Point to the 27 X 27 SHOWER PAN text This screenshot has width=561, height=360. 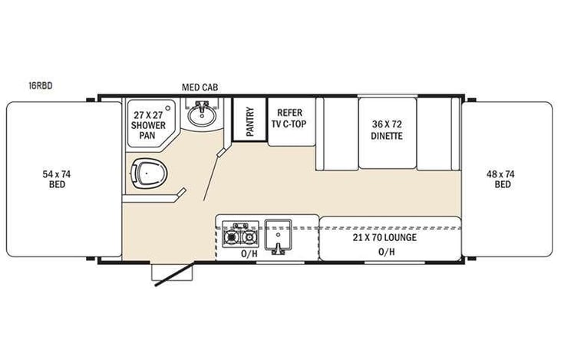[x=148, y=121]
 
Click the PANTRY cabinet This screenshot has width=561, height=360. [x=249, y=121]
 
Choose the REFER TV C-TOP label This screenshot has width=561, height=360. [x=290, y=117]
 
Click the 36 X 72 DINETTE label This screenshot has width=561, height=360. [x=387, y=130]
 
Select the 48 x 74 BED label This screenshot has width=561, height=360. [x=500, y=180]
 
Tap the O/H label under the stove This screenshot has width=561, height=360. [x=249, y=253]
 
